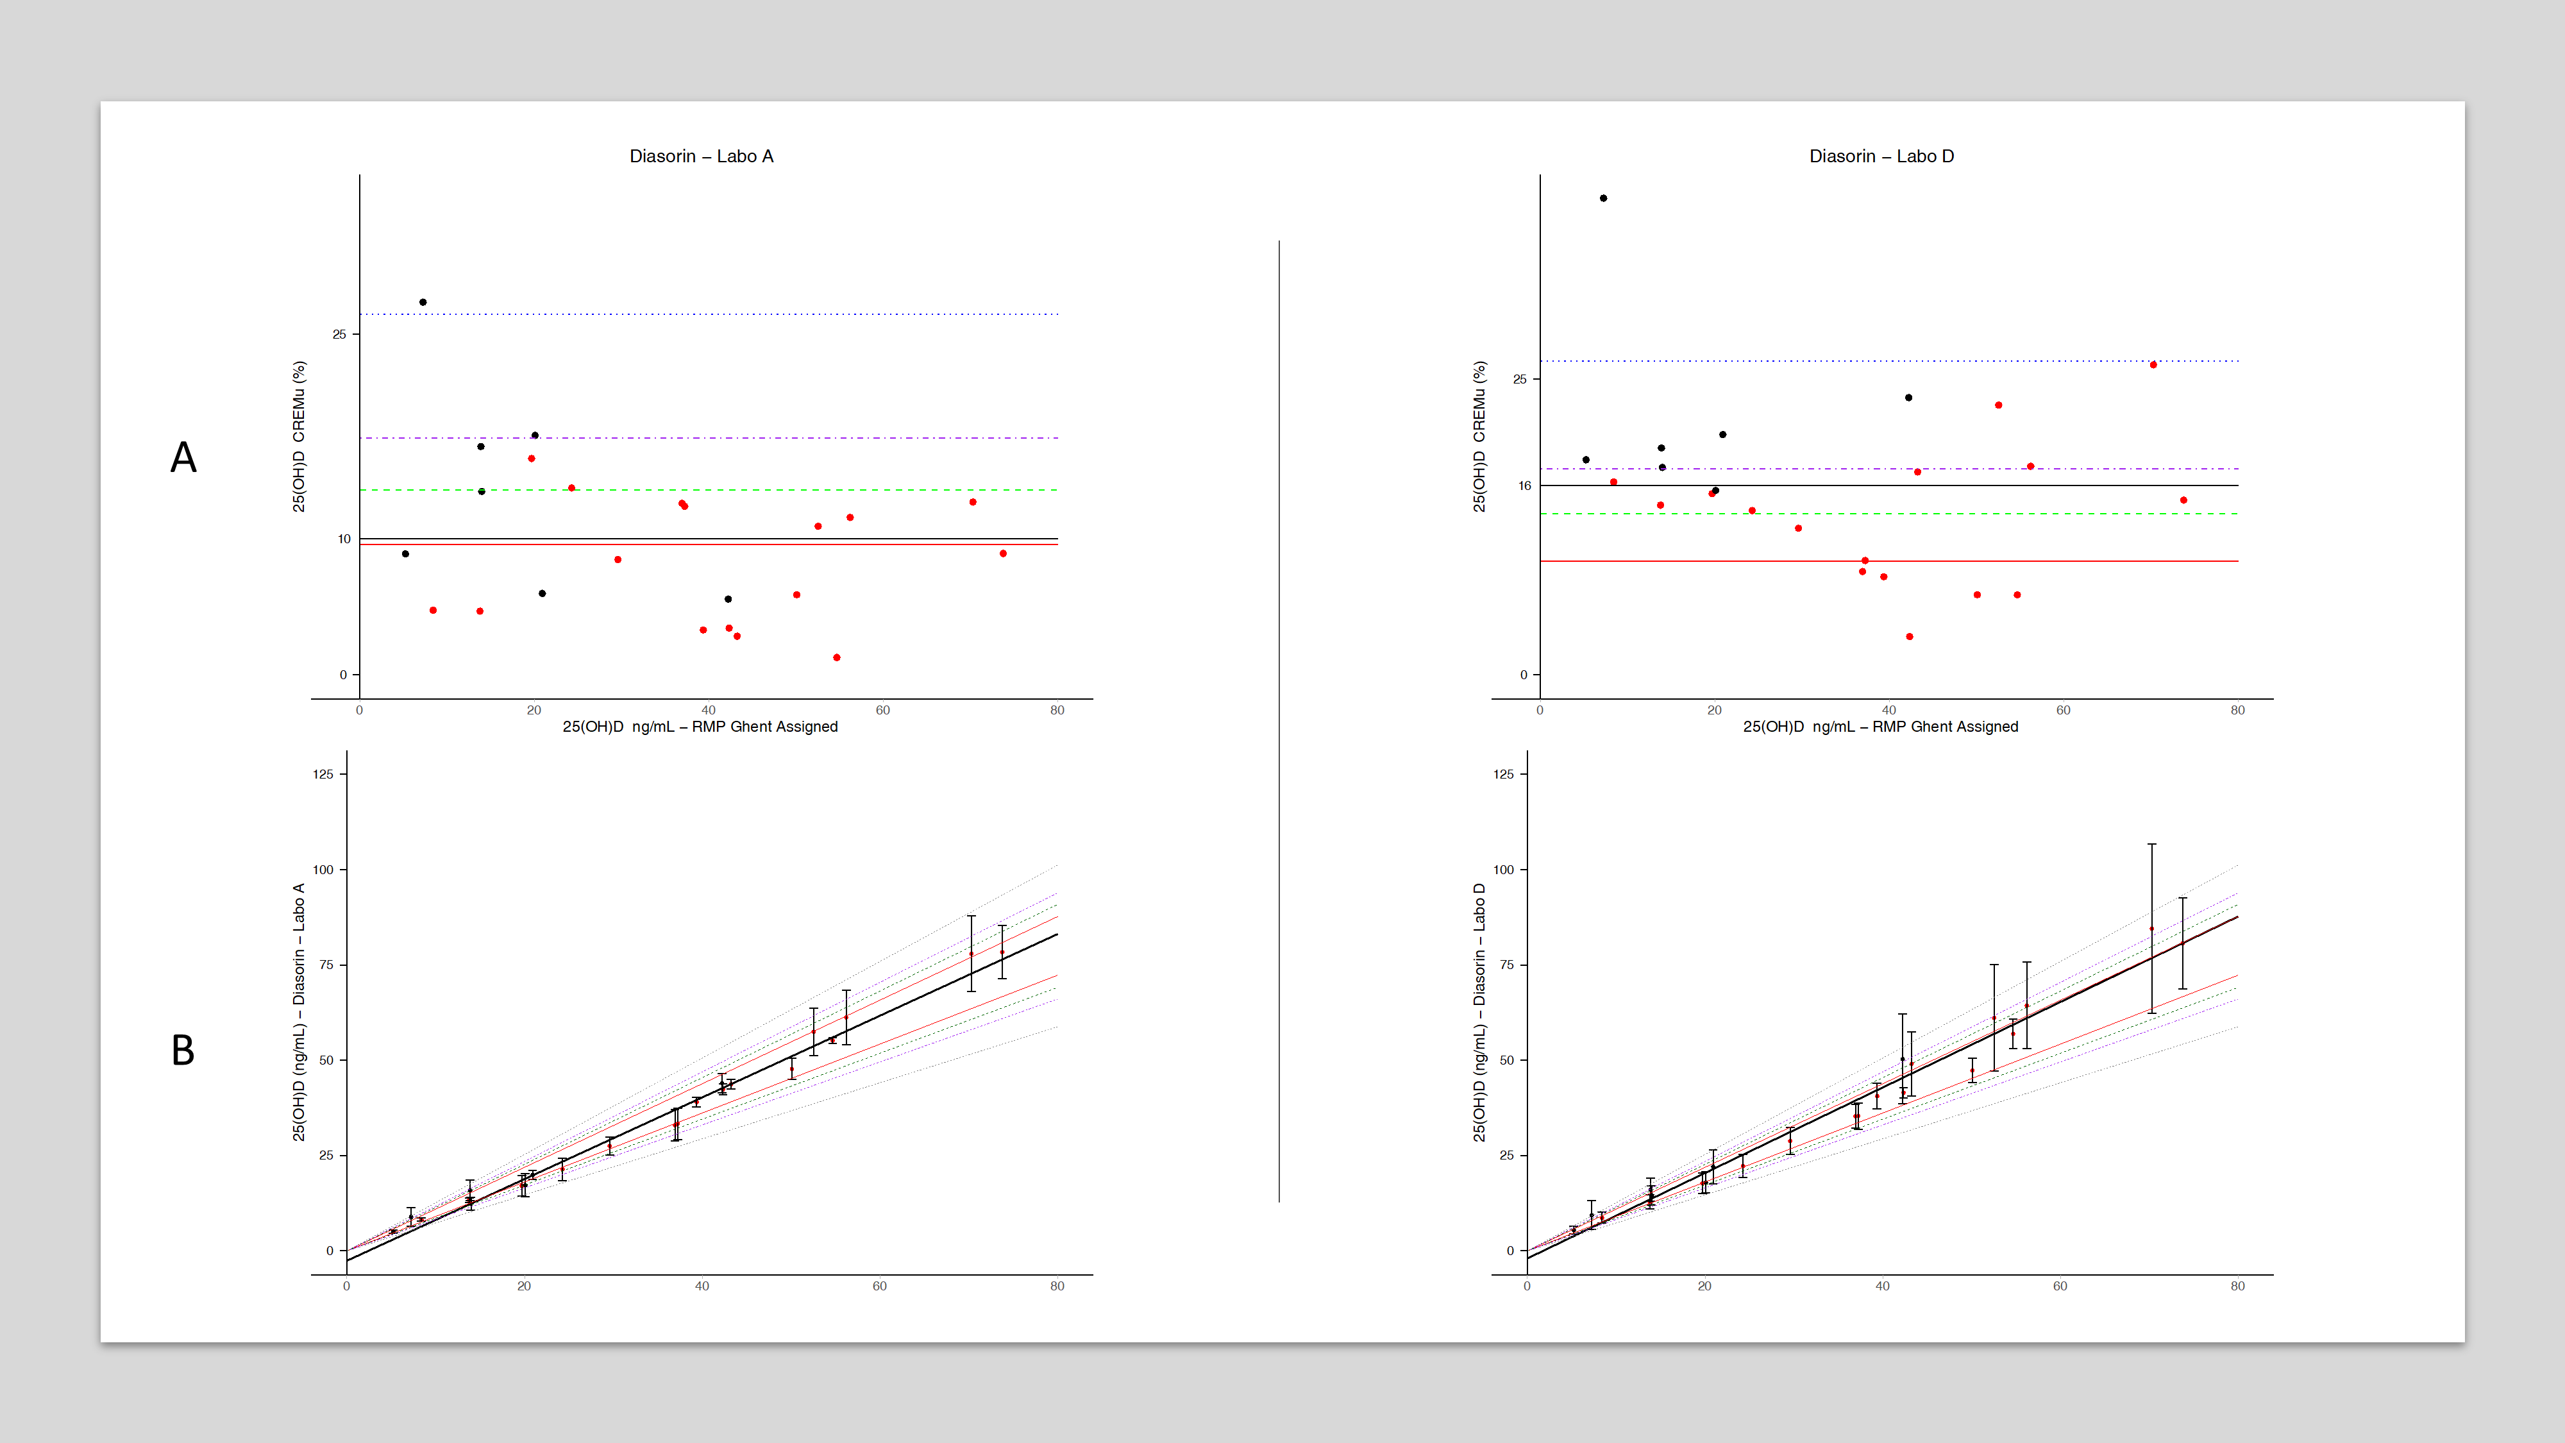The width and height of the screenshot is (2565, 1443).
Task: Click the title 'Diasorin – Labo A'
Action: [x=701, y=156]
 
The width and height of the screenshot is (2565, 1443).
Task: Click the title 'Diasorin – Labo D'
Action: [x=1881, y=156]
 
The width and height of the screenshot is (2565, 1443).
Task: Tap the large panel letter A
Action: [x=183, y=458]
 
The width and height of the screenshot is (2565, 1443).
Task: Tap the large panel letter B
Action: [x=183, y=1051]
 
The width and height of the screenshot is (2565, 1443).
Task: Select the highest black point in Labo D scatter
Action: [x=1603, y=198]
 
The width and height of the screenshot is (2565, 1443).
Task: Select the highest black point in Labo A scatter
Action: [x=423, y=301]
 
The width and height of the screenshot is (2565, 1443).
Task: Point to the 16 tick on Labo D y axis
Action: [x=1524, y=486]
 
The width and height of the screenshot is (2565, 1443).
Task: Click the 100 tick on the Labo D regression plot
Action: [x=1504, y=870]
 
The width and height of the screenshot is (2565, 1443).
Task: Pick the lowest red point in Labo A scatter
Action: [x=836, y=657]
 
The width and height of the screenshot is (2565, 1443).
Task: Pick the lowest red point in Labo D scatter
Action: [x=1910, y=636]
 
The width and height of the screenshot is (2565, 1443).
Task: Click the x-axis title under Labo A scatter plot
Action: [x=700, y=727]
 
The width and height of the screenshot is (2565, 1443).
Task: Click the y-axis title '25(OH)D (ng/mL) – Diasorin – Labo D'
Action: [x=1479, y=1013]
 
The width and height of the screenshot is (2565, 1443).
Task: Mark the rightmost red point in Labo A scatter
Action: [x=1003, y=553]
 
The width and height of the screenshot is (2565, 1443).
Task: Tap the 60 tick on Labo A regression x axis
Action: [x=879, y=1287]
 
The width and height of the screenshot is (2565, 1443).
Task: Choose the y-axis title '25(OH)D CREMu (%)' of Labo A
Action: [x=299, y=436]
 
